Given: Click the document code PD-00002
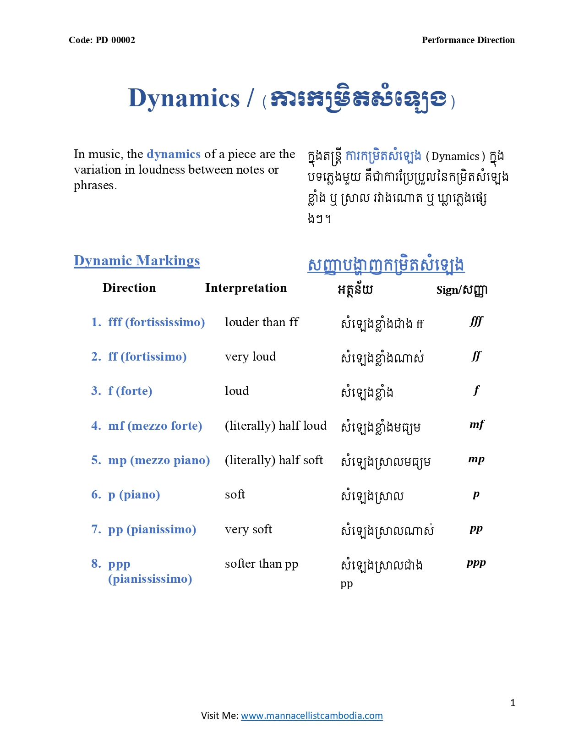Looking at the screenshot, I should (102, 40).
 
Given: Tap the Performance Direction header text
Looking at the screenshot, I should (468, 40).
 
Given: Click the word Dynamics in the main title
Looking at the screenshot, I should (184, 98).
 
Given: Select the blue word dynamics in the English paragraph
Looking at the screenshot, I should (174, 154).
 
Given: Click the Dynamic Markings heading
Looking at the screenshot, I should (136, 261).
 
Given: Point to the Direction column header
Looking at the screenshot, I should (129, 288).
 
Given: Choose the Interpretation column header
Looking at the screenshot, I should (246, 288).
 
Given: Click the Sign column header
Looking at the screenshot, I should (461, 290).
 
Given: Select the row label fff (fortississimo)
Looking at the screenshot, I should (156, 323).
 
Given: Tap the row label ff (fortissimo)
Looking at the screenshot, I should (147, 357).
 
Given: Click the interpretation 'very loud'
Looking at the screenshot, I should (250, 357).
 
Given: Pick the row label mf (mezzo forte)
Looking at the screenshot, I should (155, 426).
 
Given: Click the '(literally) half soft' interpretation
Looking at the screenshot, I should (273, 460).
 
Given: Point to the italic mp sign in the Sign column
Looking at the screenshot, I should (476, 459).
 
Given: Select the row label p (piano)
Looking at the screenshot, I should (134, 495).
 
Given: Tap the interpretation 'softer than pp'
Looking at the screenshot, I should (261, 564).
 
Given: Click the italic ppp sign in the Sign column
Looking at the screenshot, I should (476, 563).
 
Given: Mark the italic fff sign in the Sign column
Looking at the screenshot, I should (476, 321).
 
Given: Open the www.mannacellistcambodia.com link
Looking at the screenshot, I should (311, 716).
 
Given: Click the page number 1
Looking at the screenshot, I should (513, 703).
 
